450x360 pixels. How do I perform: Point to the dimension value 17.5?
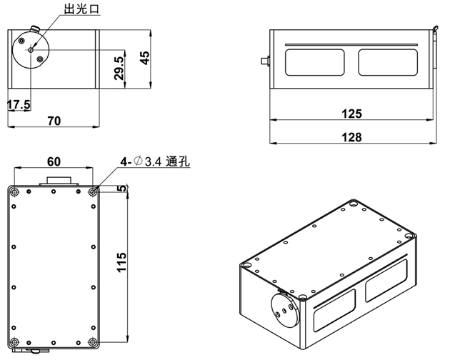[19, 104]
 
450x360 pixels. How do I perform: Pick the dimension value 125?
[351, 113]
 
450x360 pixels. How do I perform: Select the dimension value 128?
[351, 137]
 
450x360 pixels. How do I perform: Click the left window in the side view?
[315, 62]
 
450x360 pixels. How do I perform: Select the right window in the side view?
[386, 62]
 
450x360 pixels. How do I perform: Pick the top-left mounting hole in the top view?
[15, 191]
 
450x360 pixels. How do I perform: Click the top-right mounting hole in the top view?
[93, 191]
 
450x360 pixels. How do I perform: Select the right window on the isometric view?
[386, 281]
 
